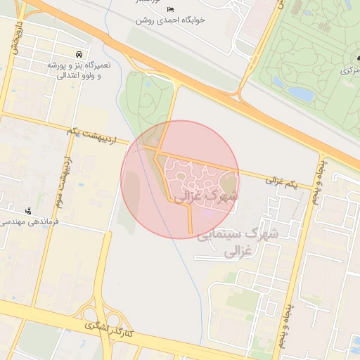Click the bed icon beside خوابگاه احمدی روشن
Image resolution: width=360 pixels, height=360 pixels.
[171, 8]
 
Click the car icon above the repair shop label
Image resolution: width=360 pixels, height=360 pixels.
[77, 54]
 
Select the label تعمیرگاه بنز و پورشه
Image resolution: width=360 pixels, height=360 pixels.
[79, 65]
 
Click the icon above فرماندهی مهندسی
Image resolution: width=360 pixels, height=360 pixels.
[28, 210]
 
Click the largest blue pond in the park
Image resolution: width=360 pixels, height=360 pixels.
[301, 93]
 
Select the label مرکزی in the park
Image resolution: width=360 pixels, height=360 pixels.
[350, 70]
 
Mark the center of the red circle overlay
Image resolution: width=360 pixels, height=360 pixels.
[180, 179]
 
